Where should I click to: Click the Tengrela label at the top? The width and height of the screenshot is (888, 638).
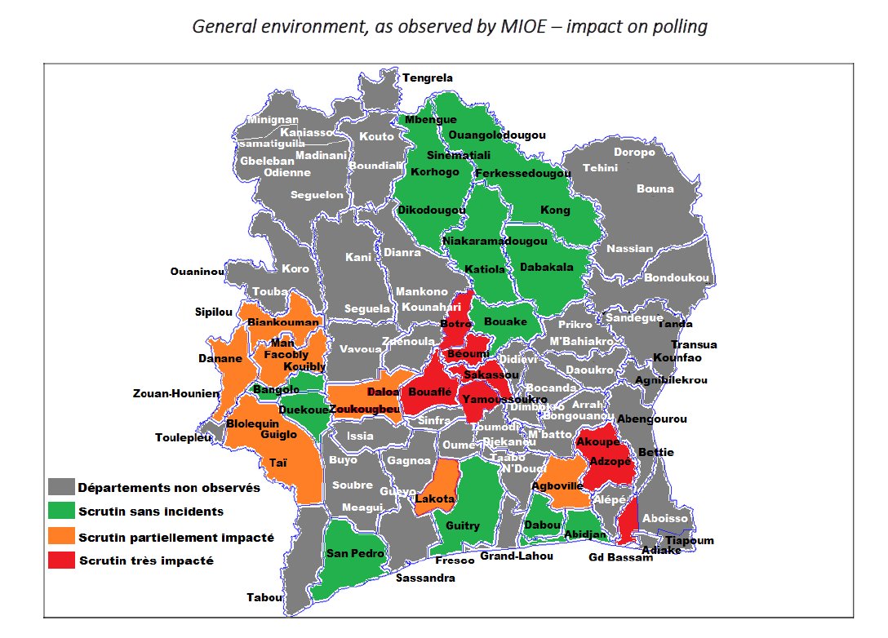[427, 78]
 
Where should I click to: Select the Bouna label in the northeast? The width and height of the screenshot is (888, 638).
[655, 188]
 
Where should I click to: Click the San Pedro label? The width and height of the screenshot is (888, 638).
[350, 554]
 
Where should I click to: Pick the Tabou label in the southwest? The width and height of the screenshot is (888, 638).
[264, 597]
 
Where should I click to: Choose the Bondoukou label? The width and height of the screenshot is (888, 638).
[677, 278]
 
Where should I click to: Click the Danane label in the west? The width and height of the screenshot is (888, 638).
[220, 358]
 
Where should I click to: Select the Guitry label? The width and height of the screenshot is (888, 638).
[463, 526]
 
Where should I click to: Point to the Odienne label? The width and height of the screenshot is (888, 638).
[286, 172]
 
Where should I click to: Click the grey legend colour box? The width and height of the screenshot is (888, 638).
[60, 488]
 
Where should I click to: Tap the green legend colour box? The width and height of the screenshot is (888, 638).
[60, 512]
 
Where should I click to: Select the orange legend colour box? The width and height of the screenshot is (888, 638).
[60, 537]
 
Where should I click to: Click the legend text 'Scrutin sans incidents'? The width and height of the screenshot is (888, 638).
[151, 512]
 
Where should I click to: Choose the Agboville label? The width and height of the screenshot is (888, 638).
[557, 485]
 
